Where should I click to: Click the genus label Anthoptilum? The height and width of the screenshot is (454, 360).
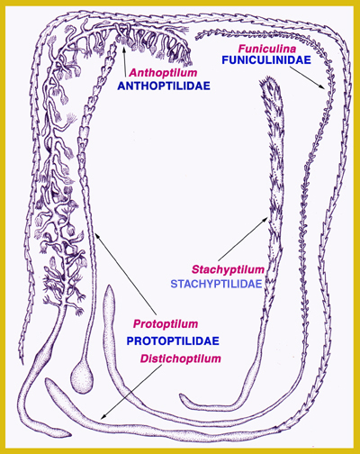coord(163,73)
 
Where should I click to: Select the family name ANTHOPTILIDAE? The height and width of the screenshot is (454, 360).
coord(164,86)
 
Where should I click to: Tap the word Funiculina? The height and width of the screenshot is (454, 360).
coord(267,48)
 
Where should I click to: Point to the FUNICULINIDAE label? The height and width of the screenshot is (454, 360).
coord(266,60)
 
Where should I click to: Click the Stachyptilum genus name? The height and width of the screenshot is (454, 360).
coord(229,269)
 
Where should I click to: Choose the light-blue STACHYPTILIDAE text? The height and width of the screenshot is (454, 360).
coord(216,284)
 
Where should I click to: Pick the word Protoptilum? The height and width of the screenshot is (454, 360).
coord(166,324)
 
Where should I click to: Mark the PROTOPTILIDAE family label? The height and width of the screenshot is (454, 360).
coord(173,340)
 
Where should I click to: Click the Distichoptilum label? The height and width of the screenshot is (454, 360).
coord(181,359)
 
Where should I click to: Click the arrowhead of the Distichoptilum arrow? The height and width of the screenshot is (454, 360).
coord(103,417)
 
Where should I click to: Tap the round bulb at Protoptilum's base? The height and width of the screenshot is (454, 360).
coord(81,377)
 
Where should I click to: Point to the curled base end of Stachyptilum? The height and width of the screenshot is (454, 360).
coord(182,398)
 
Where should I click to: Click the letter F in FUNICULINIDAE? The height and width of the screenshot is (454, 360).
coord(225,60)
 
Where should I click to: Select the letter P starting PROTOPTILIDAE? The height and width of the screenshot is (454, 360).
coord(130,340)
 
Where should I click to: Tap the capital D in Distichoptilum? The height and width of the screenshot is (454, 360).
coord(145,359)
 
